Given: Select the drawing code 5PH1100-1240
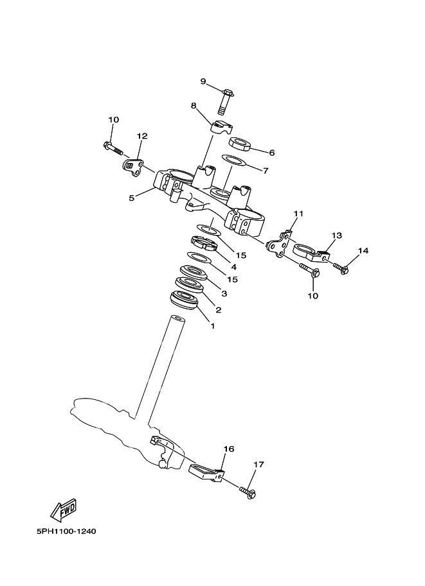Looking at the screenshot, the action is [x=66, y=531].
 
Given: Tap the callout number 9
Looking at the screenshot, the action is [x=203, y=81].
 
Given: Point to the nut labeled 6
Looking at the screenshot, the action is [x=240, y=144].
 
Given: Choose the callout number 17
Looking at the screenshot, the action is [x=258, y=465].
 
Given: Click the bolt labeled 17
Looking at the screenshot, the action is [x=248, y=492].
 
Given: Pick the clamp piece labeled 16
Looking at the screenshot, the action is [x=205, y=472].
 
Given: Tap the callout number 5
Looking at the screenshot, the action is [x=131, y=198].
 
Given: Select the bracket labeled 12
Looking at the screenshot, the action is [x=132, y=167].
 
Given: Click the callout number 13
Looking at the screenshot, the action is [x=337, y=236].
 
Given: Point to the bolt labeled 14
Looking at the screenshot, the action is [x=340, y=268].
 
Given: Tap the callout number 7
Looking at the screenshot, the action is [x=266, y=171].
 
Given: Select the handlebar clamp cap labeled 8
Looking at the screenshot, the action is [x=221, y=126].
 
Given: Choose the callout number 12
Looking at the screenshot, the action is [x=142, y=136].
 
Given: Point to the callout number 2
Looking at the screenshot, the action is [x=219, y=310].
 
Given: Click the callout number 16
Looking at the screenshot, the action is [x=229, y=449].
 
